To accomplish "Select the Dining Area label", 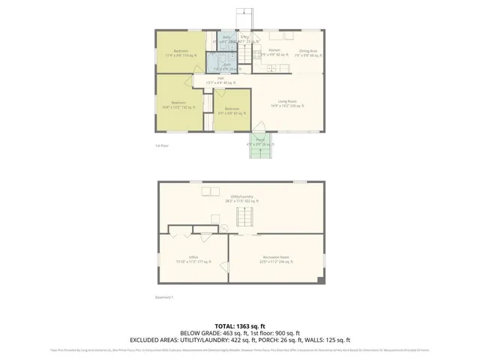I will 308,52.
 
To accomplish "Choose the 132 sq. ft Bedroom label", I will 178,104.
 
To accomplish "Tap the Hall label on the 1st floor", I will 221,78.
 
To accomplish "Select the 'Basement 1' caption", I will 164,298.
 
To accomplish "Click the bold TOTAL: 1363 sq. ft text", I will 240,326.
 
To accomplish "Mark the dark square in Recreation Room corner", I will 321,280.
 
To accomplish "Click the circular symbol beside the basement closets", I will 223,228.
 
